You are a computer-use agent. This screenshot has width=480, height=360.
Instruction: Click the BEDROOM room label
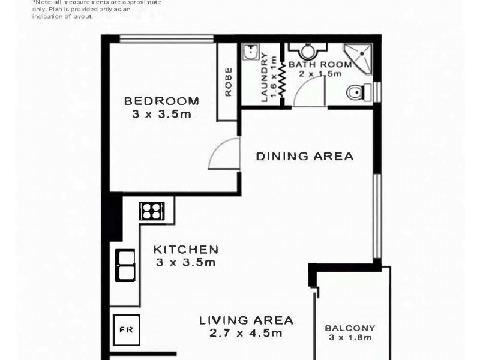coord(161,101)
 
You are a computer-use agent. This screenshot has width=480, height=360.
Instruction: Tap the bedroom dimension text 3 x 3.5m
coord(161,114)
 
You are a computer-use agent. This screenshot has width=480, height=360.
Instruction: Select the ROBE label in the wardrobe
coord(229,82)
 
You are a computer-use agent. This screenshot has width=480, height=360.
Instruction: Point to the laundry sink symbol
coord(250,53)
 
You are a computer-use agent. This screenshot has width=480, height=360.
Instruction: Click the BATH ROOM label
coord(315,64)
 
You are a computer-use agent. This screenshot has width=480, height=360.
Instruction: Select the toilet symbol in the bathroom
coord(356,92)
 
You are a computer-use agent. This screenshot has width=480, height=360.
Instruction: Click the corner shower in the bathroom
coord(358,56)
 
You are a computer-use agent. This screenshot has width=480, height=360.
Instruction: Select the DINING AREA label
coord(305,157)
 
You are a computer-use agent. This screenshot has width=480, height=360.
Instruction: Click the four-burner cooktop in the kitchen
coord(151,211)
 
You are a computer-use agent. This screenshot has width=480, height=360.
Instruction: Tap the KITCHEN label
coord(185,250)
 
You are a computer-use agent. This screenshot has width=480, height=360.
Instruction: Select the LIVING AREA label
coord(246,320)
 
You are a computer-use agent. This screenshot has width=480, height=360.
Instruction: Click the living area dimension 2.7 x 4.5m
coord(246,333)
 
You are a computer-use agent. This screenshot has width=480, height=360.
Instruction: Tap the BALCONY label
coord(350,328)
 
